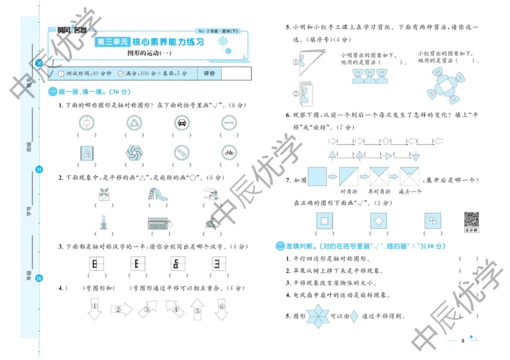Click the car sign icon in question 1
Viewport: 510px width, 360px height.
181,122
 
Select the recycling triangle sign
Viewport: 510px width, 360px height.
133,122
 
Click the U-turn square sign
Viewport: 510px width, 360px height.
85,152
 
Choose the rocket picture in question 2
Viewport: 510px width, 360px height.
103,222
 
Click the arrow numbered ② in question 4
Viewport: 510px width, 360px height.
118,310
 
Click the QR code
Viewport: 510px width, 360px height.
470,220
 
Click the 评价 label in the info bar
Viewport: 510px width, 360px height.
209,74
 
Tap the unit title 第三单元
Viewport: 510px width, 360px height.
112,43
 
